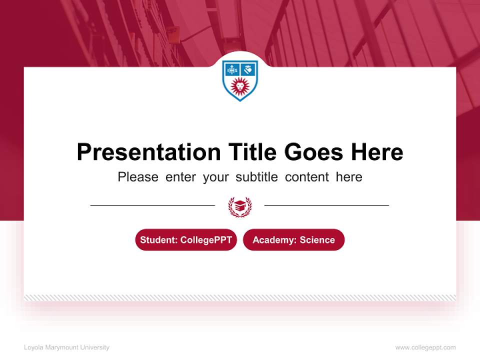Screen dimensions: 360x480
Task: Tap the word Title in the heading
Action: click(x=252, y=152)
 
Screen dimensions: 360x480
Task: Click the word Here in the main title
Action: click(x=377, y=152)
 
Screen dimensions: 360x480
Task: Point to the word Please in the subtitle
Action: click(x=138, y=177)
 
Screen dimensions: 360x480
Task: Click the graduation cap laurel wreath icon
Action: click(x=240, y=206)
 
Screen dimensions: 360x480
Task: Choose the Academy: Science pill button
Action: click(x=293, y=240)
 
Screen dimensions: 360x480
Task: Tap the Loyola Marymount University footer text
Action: click(x=66, y=347)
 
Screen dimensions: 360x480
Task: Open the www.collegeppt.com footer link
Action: click(x=425, y=347)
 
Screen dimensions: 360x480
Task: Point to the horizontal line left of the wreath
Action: click(x=152, y=205)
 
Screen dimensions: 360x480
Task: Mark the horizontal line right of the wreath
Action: click(x=326, y=205)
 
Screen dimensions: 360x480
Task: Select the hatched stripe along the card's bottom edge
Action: click(x=240, y=297)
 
